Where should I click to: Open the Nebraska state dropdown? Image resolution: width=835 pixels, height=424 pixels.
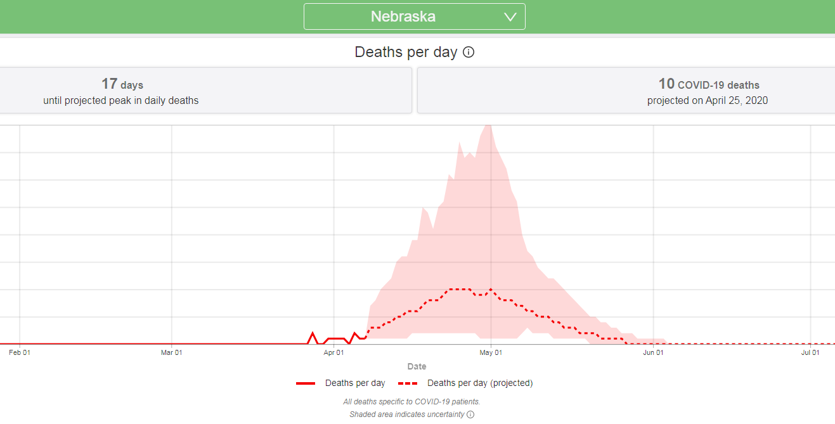pos(414,16)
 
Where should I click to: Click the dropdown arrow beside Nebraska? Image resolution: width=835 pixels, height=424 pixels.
pos(510,17)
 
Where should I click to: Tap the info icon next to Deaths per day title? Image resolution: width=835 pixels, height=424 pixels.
pos(469,53)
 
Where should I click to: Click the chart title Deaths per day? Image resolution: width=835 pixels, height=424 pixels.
pos(406,52)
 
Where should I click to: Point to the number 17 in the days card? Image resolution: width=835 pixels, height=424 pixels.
pos(109,84)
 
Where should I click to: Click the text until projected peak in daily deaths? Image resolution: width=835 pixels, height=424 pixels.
pos(120,100)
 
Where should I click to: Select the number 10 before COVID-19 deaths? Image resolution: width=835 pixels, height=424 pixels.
pos(666,84)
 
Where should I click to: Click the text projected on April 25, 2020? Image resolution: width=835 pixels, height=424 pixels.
pos(707,100)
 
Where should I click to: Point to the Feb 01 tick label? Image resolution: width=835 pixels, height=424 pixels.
pos(20,352)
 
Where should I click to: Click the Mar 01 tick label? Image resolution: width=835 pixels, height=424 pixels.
pos(171,352)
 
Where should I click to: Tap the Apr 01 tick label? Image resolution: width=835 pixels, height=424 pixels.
pos(333,352)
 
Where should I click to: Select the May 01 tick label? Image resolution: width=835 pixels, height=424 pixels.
pos(491,352)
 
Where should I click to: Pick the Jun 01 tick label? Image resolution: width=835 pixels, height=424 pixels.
pos(653,352)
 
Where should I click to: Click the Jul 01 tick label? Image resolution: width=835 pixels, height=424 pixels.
pos(810,352)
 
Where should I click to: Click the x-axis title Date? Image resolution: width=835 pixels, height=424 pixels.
pos(417,366)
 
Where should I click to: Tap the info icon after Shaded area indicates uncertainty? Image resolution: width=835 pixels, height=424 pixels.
pos(470,414)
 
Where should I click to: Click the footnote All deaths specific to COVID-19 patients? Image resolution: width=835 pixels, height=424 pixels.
pos(411,402)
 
